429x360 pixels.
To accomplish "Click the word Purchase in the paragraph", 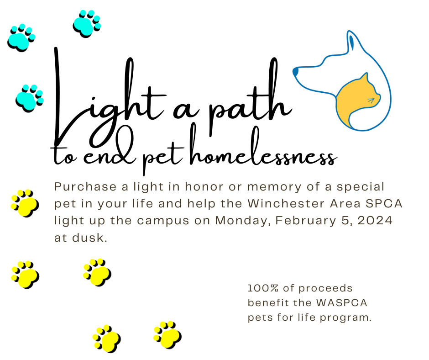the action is (85, 187).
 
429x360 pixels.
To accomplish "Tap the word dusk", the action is (89, 238).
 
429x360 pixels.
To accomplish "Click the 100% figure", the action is (263, 288).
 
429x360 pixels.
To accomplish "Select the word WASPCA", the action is (341, 303).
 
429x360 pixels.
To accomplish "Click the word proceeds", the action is (325, 289).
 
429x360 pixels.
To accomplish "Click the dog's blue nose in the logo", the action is (295, 72).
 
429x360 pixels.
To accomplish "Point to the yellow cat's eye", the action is (371, 101).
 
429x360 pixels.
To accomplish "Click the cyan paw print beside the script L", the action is (30, 98).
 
